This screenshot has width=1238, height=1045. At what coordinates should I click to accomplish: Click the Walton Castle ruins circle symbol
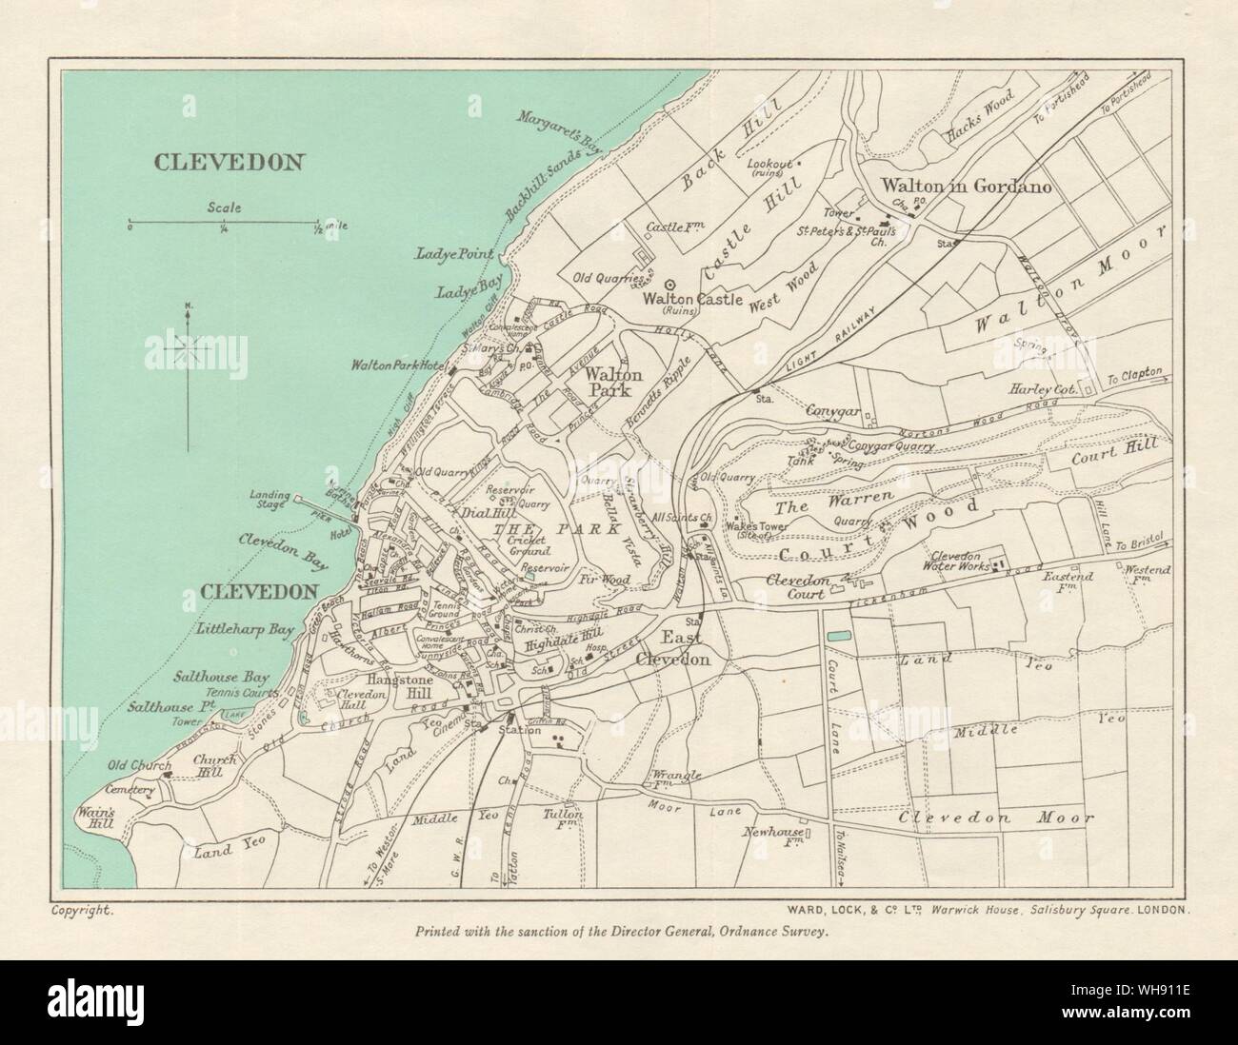(670, 284)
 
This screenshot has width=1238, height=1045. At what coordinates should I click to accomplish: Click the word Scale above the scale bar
(223, 207)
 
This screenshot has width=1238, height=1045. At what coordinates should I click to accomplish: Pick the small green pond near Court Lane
(840, 634)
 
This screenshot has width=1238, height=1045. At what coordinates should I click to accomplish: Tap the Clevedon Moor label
(995, 818)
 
